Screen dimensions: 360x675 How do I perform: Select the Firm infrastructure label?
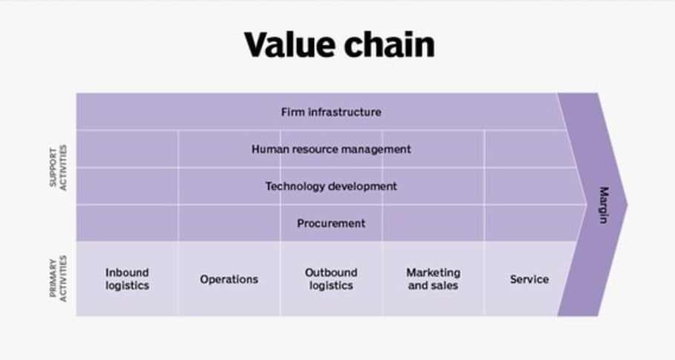coord(331,112)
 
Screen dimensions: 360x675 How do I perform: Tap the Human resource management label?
coord(331,149)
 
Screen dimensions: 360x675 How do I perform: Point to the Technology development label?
coord(331,186)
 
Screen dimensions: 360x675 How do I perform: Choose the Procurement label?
coord(331,223)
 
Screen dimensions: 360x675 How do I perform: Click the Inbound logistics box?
coord(127,279)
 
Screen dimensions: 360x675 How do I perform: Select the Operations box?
coord(229,279)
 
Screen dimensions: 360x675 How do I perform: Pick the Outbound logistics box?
coord(331,279)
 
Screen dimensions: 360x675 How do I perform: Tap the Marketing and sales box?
coord(433,279)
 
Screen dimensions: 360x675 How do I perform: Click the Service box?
coord(529,279)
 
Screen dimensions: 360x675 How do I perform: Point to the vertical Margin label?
coord(603,205)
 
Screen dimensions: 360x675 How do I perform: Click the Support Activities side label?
coord(58,168)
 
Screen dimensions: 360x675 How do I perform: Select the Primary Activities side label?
coord(58,279)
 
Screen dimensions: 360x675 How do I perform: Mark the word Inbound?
coord(127,272)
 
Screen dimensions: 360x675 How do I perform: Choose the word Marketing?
coord(433,272)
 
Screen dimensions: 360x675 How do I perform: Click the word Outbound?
coord(331,272)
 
